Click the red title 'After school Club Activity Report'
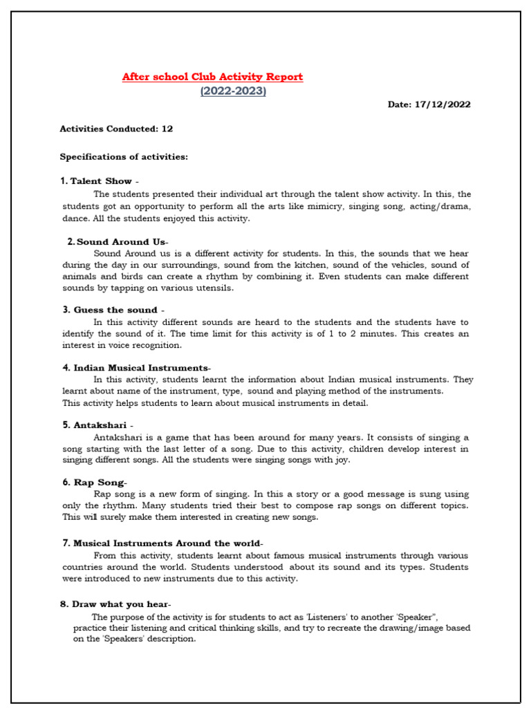(212, 77)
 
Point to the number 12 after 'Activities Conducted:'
(167, 129)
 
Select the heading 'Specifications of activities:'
(124, 157)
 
